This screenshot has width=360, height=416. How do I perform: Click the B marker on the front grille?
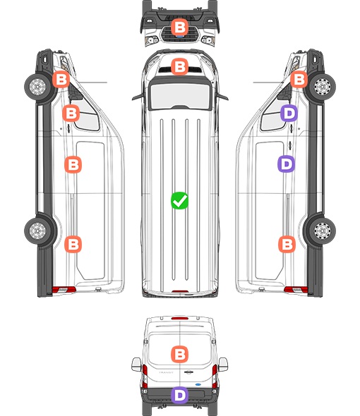[179, 27]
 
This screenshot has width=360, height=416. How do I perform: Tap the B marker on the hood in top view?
[179, 66]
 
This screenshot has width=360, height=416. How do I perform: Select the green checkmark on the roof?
[179, 200]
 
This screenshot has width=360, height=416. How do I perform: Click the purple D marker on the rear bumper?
[179, 395]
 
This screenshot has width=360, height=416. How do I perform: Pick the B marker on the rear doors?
[179, 354]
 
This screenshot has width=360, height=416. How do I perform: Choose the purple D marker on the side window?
[289, 113]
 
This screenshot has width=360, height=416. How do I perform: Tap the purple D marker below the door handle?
[286, 164]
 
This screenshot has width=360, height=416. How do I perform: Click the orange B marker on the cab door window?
[71, 113]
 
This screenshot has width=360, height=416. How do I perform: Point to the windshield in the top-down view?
[180, 95]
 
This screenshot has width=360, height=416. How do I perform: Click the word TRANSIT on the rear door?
[166, 372]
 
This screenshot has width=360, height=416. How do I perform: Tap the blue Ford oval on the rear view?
[198, 384]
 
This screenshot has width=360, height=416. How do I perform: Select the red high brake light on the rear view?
[180, 318]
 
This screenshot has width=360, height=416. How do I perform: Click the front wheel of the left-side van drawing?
[37, 87]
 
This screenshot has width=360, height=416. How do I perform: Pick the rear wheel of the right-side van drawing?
[322, 231]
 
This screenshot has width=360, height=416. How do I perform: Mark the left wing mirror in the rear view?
[136, 365]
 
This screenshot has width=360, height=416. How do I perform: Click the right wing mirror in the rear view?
[223, 365]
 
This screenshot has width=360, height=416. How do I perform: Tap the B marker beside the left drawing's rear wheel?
[73, 244]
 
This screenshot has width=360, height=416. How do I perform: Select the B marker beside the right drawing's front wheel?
[299, 80]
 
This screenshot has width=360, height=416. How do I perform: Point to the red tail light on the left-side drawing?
[64, 290]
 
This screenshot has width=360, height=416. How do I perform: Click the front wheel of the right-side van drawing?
[322, 87]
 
